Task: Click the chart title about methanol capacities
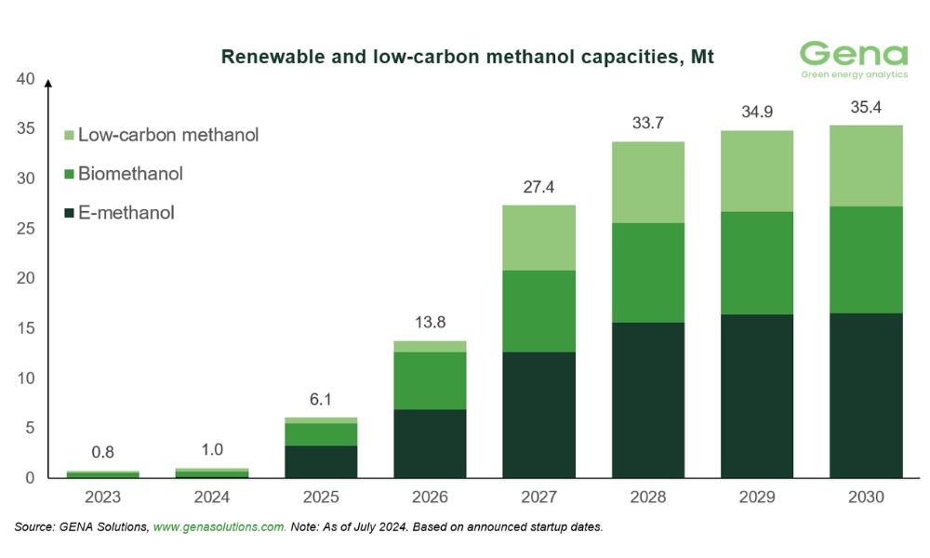point(466,58)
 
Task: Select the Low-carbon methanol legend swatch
point(68,135)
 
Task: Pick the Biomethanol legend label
point(130,174)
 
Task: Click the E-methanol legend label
point(126,213)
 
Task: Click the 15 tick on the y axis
point(26,328)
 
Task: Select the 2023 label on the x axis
point(101,498)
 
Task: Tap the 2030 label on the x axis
point(866,498)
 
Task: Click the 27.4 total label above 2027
point(538,187)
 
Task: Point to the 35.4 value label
point(866,107)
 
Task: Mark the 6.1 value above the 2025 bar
point(320,399)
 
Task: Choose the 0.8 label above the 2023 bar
point(101,453)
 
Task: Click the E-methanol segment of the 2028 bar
point(647,400)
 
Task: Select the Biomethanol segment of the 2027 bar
point(538,311)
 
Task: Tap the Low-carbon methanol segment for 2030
point(866,166)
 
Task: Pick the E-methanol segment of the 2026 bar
point(429,444)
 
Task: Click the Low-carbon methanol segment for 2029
point(757,171)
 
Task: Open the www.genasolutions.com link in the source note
point(219,527)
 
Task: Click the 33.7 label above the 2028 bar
point(647,124)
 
